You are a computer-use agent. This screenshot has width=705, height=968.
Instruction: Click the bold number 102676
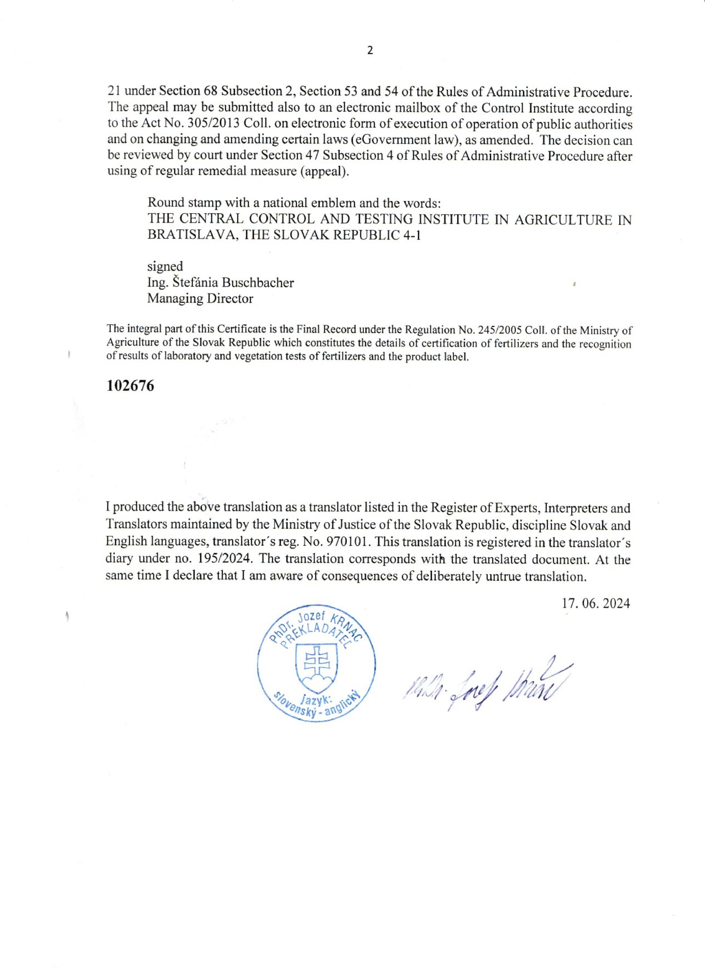point(130,386)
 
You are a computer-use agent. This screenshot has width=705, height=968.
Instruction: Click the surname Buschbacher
point(258,282)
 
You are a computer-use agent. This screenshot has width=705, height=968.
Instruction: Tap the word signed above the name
point(165,266)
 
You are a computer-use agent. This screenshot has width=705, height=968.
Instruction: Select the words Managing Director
point(200,298)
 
